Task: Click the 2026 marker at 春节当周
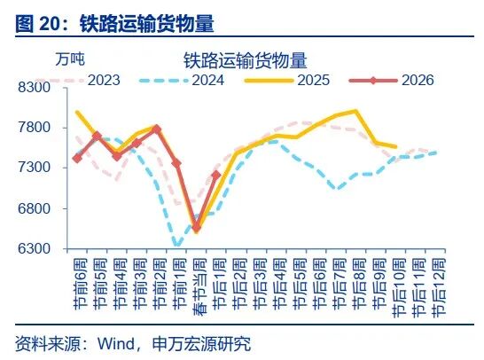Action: click(x=197, y=229)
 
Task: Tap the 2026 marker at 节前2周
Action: click(x=156, y=129)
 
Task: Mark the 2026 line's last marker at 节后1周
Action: click(x=216, y=175)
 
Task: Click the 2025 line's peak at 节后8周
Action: click(x=355, y=111)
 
